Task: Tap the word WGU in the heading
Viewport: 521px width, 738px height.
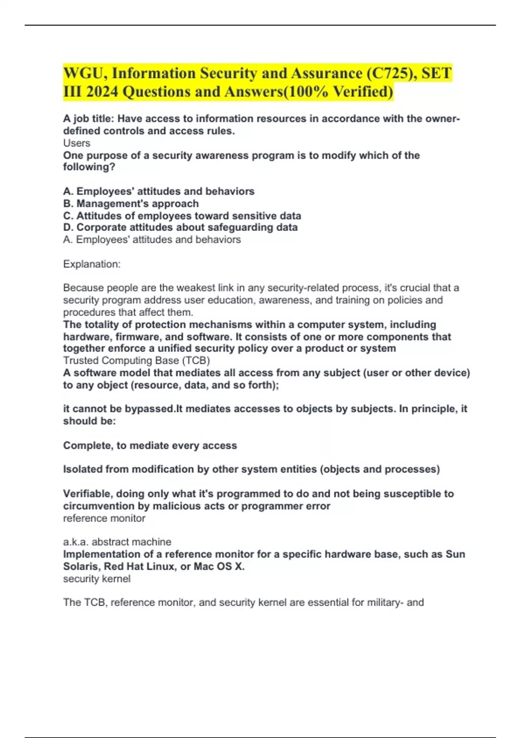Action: (x=84, y=73)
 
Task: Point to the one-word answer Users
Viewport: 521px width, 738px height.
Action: (x=77, y=143)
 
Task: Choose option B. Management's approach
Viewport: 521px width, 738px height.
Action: (x=131, y=204)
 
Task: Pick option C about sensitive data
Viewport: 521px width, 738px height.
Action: (x=182, y=216)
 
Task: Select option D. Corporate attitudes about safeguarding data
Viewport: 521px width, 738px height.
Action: (x=180, y=227)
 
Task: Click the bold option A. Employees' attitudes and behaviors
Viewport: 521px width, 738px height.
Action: (x=158, y=191)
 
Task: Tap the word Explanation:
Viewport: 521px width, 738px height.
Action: (x=92, y=264)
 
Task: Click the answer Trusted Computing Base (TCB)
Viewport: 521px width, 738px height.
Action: (x=136, y=361)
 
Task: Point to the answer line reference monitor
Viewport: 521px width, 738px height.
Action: (x=104, y=518)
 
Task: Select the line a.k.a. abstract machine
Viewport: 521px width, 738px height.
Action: (x=117, y=542)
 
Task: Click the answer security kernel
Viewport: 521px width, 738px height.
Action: (x=96, y=579)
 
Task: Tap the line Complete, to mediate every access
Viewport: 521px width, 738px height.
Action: (x=150, y=445)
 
